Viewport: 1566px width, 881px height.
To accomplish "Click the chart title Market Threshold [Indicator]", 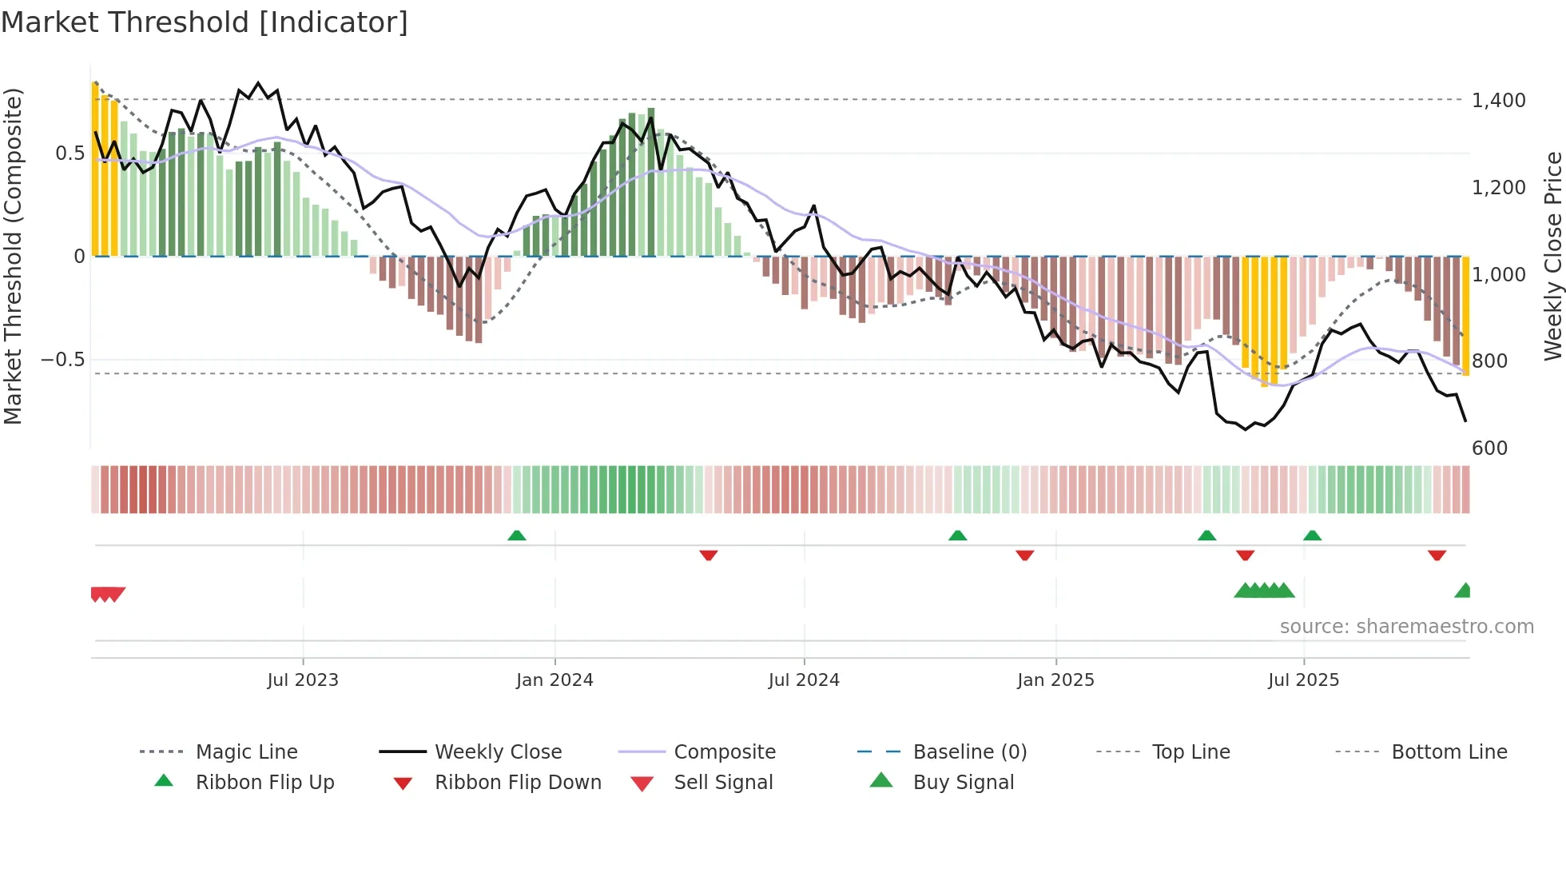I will pyautogui.click(x=205, y=22).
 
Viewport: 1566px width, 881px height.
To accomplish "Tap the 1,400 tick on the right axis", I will pyautogui.click(x=1498, y=101).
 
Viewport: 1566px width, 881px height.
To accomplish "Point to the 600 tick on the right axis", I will pyautogui.click(x=1489, y=448).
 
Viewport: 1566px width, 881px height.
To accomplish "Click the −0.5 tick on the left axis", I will pyautogui.click(x=63, y=360).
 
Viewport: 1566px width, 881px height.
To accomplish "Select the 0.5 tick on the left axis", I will pyautogui.click(x=70, y=153).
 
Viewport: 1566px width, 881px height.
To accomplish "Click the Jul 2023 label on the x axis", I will pyautogui.click(x=303, y=680).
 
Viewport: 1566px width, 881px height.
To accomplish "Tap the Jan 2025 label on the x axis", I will pyautogui.click(x=1055, y=680).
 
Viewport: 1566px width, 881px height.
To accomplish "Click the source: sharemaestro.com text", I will pyautogui.click(x=1406, y=627).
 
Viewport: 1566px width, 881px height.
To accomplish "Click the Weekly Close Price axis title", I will pyautogui.click(x=1552, y=256).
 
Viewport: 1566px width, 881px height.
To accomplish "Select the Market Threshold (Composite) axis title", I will pyautogui.click(x=13, y=256).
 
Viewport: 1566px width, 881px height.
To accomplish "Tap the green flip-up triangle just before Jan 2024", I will pyautogui.click(x=517, y=536).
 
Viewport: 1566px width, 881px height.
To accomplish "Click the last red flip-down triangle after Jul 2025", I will pyautogui.click(x=1437, y=555).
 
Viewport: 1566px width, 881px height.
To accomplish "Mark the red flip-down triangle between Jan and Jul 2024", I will pyautogui.click(x=708, y=555).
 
